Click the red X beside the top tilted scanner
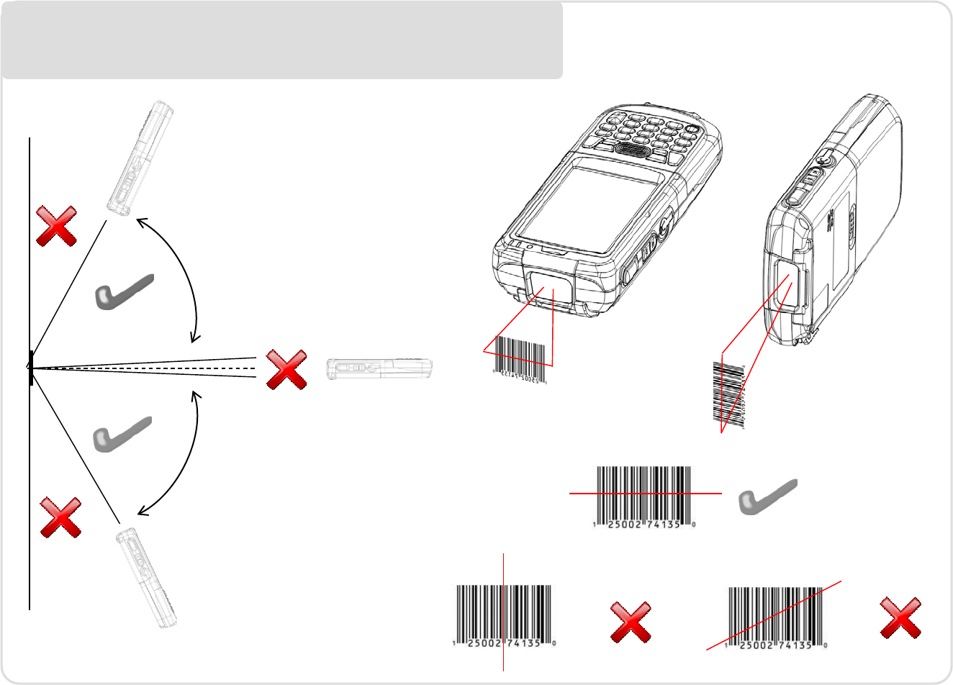(57, 226)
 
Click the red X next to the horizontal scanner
(286, 370)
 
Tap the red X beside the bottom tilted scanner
(60, 517)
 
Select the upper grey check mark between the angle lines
(124, 292)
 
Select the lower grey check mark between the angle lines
(122, 434)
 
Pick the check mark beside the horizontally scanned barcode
(768, 496)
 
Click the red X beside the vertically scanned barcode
(631, 622)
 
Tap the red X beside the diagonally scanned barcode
(901, 618)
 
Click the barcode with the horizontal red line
(644, 496)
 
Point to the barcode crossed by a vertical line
(505, 615)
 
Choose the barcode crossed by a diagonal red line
(776, 617)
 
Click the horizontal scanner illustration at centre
(379, 368)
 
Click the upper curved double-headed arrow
(176, 277)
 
